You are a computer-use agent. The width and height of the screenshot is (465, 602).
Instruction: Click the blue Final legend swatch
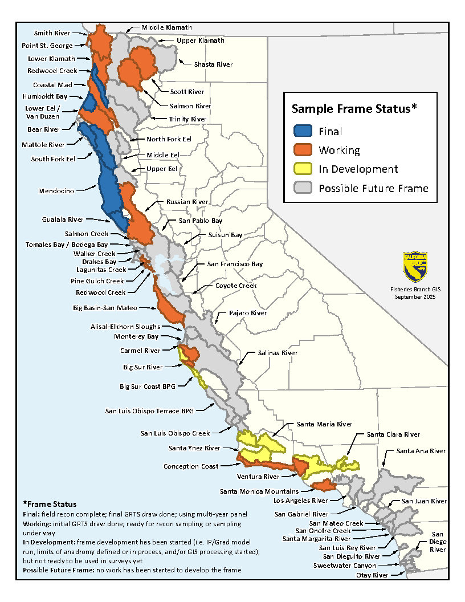(302, 131)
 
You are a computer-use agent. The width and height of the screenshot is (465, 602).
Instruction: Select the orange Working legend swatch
(302, 150)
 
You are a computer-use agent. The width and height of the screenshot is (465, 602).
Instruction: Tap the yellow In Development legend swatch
(302, 169)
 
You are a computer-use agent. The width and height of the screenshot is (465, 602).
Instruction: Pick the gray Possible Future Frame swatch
(302, 188)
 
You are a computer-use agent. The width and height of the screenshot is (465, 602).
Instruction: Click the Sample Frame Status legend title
(360, 108)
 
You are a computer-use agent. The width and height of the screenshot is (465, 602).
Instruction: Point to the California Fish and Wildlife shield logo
(415, 267)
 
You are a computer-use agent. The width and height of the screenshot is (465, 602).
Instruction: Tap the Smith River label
(53, 33)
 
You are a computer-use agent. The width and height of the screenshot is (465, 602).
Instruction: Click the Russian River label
(187, 202)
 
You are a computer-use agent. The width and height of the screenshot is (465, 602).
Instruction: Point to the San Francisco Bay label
(234, 264)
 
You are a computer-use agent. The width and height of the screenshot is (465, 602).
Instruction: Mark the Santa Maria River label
(324, 424)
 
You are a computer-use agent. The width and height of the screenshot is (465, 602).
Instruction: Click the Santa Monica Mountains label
(259, 491)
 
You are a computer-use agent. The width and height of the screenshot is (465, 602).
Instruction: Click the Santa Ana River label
(422, 450)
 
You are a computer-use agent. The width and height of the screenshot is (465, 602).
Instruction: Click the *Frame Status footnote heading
(50, 504)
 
